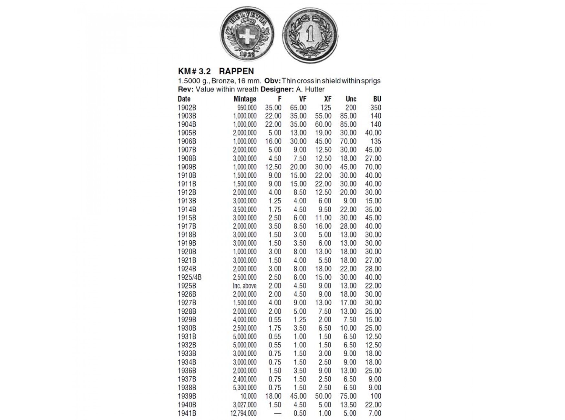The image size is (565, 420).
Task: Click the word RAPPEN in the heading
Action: coord(236,71)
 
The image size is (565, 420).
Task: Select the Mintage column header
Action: coord(245,99)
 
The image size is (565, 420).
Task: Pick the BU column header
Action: coord(377,99)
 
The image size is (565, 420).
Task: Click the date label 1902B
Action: coord(187,108)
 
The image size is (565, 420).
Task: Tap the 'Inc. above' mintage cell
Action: coord(245,286)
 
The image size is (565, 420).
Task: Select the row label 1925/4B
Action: coord(190,277)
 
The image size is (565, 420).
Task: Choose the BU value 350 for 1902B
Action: coord(375,108)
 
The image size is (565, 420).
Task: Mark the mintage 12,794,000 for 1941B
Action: coord(243,413)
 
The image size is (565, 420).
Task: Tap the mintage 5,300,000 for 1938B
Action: coord(245,388)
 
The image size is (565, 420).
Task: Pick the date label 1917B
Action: coord(187,226)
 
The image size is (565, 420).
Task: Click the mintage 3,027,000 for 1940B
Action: coord(245,405)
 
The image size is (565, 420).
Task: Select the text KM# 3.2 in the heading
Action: coord(194,71)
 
